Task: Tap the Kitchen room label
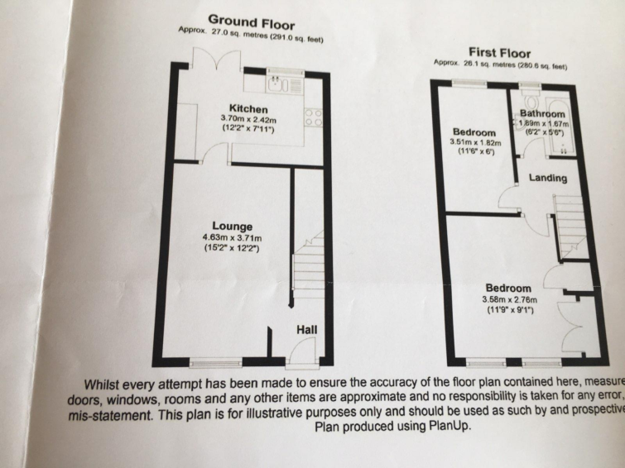coord(248,108)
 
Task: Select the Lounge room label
coord(231,227)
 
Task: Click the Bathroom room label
coord(542,113)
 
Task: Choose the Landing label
coord(548,178)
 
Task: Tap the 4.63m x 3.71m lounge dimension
coord(231,238)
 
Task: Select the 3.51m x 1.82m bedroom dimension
coord(474,142)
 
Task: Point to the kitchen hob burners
coord(313,118)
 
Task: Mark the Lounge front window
coord(216,361)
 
